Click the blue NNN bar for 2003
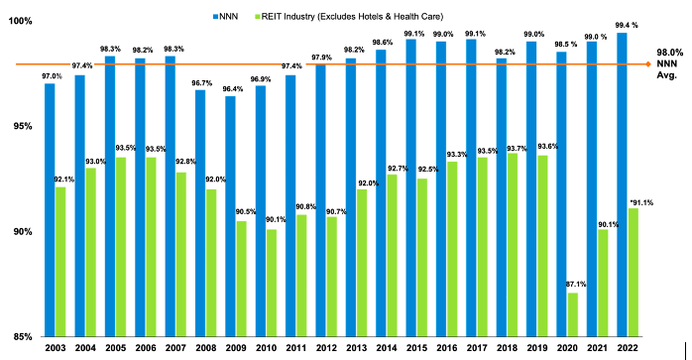[x=50, y=209]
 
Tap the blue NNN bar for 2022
[x=622, y=184]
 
